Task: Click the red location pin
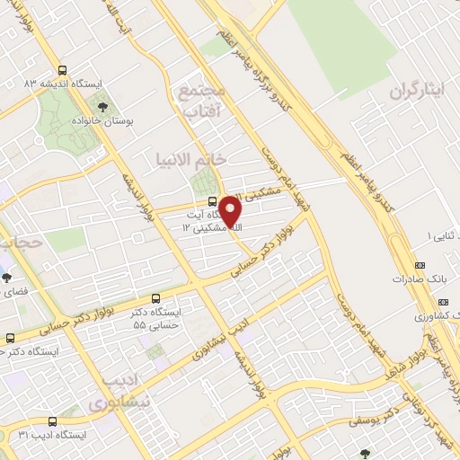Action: [230, 211]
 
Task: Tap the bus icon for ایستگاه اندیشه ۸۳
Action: [62, 69]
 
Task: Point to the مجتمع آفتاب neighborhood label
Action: [205, 102]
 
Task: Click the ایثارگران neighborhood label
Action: [418, 92]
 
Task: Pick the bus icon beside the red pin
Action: [212, 200]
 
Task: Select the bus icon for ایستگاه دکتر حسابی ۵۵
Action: [156, 298]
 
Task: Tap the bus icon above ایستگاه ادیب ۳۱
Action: [51, 420]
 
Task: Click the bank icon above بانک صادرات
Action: [420, 265]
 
